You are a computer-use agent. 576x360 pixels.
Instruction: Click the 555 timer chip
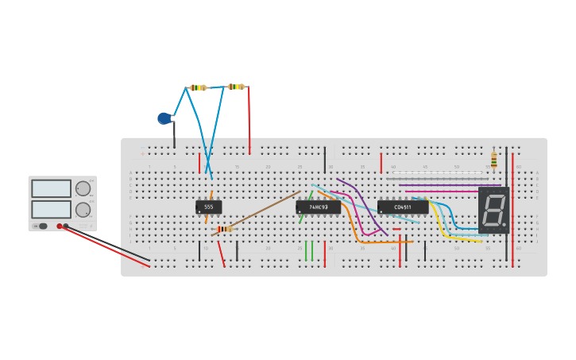tap(208, 207)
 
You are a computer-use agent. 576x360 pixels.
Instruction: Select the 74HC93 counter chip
tap(318, 207)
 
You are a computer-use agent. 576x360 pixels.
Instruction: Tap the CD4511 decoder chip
tap(403, 207)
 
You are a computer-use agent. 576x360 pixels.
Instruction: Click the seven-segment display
tap(493, 211)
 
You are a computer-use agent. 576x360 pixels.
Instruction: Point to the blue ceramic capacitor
tap(164, 118)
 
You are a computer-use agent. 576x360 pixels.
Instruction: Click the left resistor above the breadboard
tap(197, 87)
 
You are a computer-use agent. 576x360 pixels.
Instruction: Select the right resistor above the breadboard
tap(236, 87)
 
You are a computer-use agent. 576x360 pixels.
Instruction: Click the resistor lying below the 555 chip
tap(225, 229)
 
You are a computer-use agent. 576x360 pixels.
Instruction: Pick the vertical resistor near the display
tap(493, 161)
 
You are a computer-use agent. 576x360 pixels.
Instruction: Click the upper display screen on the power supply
tap(52, 188)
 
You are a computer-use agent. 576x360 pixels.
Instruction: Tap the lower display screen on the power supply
tap(52, 209)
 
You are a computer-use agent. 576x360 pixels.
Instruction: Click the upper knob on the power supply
tap(83, 188)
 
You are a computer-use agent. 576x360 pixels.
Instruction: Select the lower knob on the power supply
tap(83, 210)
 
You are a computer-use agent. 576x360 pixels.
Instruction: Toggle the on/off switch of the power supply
tap(42, 226)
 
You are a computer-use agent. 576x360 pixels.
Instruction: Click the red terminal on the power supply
tap(60, 226)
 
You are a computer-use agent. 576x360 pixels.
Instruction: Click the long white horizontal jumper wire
tap(437, 172)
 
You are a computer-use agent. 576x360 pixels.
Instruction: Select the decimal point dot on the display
tap(503, 224)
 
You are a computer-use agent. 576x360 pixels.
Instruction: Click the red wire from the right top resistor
tap(249, 119)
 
